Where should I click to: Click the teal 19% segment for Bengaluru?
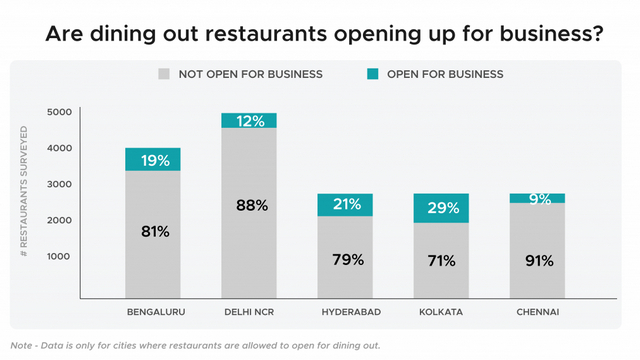(x=153, y=159)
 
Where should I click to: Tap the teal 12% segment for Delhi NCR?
(x=249, y=121)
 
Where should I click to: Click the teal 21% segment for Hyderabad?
(x=345, y=205)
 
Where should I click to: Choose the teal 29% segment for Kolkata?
(x=441, y=208)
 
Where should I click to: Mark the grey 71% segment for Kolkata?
(x=441, y=260)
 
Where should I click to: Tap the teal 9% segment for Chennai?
(x=537, y=198)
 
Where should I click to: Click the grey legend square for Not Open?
(x=164, y=74)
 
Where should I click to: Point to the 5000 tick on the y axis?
(x=59, y=112)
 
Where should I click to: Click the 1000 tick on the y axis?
(x=59, y=256)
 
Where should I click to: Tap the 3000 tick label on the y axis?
(x=59, y=184)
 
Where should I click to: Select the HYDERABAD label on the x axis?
(x=345, y=312)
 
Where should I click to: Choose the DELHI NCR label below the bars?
(x=249, y=312)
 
